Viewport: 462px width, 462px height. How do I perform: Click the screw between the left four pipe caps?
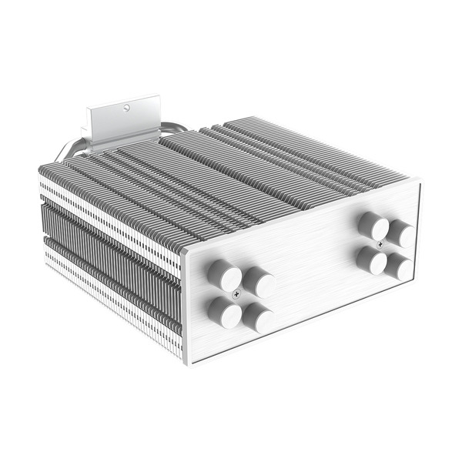tap(236, 294)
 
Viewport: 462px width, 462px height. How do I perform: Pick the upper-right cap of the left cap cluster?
tap(259, 283)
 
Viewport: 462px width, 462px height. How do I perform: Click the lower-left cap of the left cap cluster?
tap(223, 310)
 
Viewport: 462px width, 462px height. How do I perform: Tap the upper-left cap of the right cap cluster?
tap(373, 226)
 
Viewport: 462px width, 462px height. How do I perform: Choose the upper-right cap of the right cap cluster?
tap(400, 232)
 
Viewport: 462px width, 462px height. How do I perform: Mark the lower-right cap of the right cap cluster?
tap(400, 267)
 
